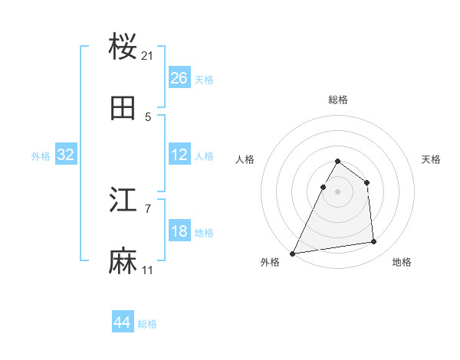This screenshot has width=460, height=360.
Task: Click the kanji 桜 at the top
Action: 123,47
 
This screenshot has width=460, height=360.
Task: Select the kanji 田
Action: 123,109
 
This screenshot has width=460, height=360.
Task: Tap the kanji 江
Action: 123,201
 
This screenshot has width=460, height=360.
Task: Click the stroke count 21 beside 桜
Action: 148,56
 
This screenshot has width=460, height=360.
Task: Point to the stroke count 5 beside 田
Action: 148,117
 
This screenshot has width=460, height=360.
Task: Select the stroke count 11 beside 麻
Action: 148,270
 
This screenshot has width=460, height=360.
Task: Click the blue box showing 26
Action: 179,78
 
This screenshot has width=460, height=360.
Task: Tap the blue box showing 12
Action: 179,155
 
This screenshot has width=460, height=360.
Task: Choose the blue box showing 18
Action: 179,231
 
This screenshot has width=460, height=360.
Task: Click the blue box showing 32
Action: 66,155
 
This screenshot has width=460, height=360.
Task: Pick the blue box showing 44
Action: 122,323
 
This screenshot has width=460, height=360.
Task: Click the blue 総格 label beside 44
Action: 147,324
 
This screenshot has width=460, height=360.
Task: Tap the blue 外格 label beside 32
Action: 41,155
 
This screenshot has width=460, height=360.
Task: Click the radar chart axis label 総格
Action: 337,100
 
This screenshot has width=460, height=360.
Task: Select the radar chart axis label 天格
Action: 431,159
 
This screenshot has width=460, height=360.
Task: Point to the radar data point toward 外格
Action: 292,253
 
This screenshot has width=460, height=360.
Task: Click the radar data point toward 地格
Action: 374,242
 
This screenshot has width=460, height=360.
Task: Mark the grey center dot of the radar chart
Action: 337,191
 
